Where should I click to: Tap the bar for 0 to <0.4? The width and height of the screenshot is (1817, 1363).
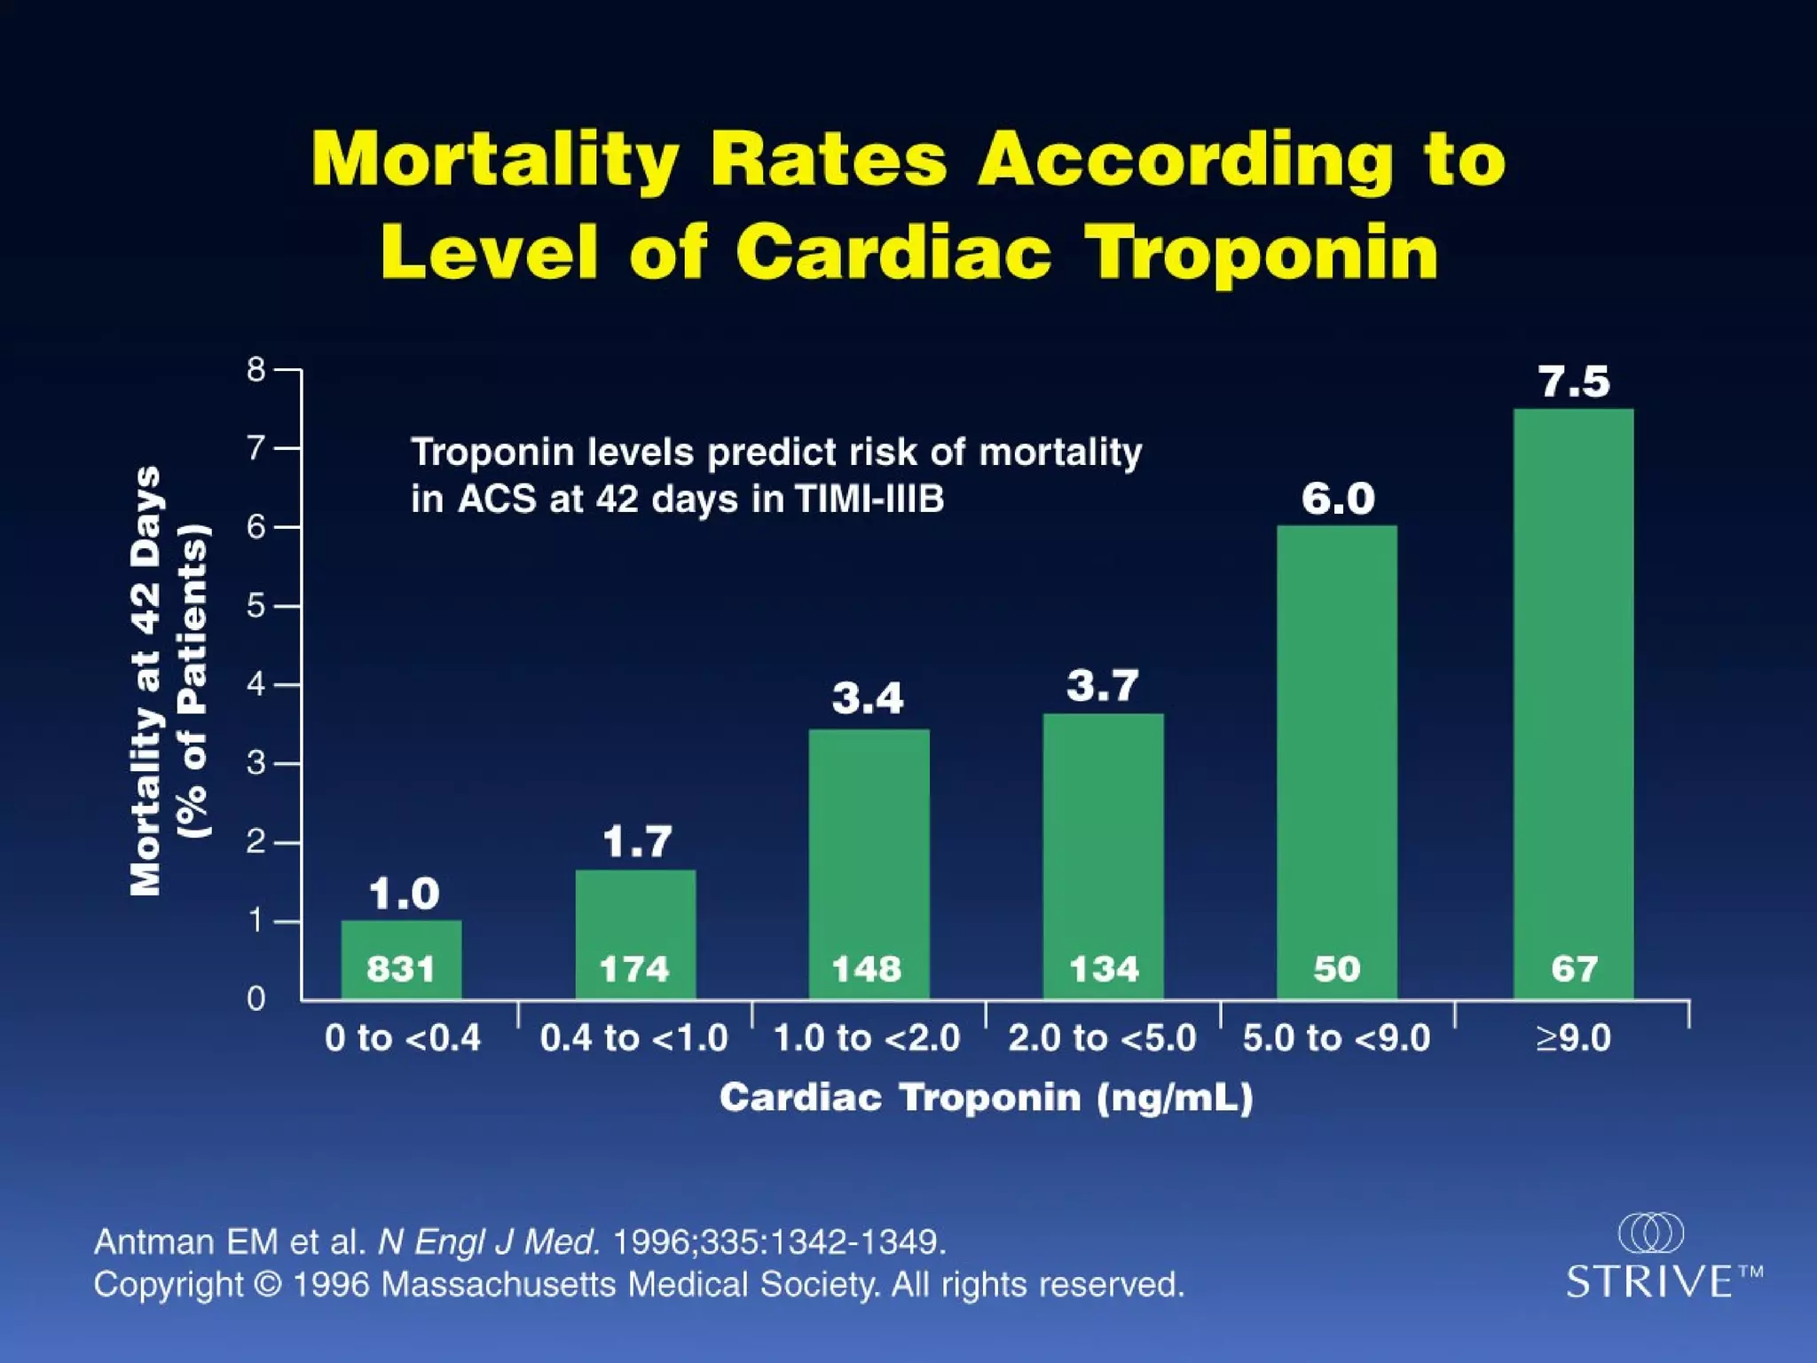click(401, 941)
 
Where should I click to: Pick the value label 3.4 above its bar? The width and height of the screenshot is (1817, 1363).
click(868, 698)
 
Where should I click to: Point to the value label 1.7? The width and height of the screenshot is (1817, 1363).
click(637, 841)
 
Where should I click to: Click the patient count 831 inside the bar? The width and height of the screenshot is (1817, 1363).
click(401, 969)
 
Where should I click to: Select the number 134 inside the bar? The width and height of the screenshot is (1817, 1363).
click(1104, 969)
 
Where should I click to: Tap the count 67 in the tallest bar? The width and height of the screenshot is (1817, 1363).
click(1574, 969)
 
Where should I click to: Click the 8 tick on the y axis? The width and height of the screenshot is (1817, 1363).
click(256, 369)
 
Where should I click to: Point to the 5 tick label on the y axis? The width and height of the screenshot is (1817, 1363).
click(256, 606)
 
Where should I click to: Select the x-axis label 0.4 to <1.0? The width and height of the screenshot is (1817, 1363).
click(633, 1038)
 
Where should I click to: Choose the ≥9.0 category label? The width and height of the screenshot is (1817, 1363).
click(1574, 1038)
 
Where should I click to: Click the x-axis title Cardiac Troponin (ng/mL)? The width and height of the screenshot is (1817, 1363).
click(986, 1099)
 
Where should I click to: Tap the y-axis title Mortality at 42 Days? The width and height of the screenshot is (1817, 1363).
click(146, 681)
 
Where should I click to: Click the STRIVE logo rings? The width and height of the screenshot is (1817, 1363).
click(1650, 1233)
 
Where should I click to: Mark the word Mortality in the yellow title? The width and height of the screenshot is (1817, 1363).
click(495, 160)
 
